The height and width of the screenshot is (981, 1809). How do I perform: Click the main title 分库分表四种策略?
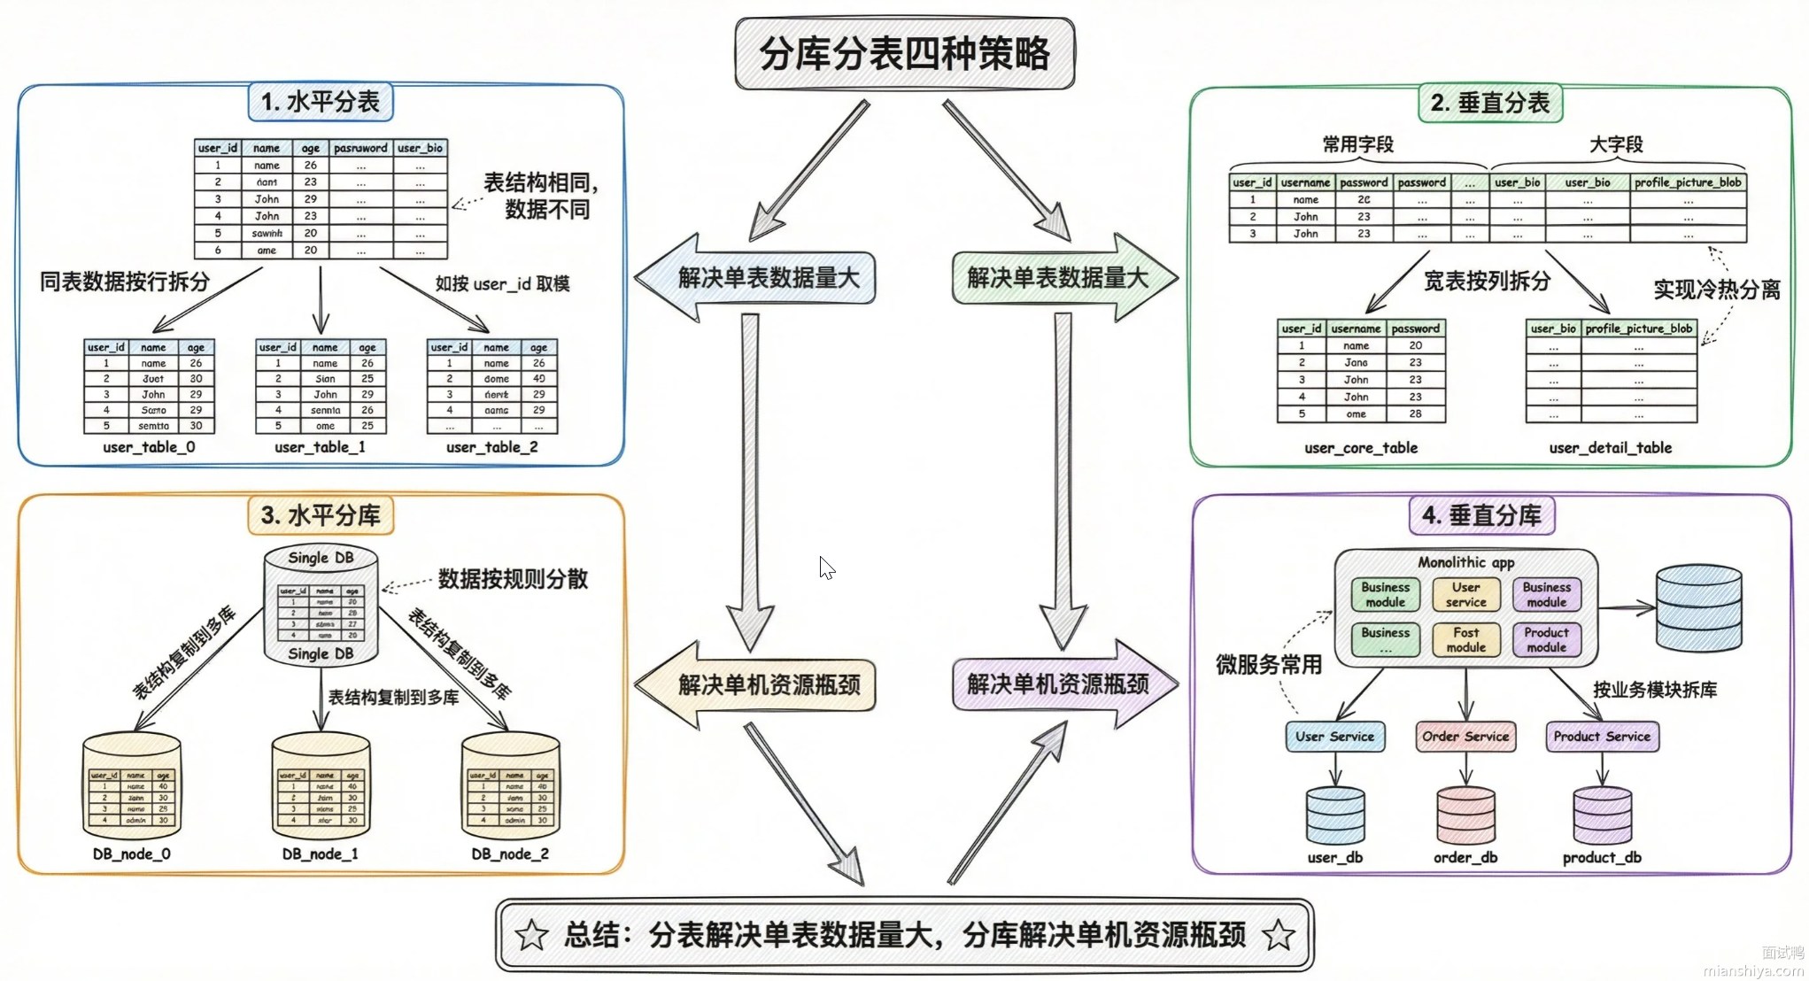click(905, 54)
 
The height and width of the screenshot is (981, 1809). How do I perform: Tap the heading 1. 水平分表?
click(321, 102)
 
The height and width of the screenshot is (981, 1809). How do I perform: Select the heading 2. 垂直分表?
click(1490, 104)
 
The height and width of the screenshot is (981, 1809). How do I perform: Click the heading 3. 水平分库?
click(321, 515)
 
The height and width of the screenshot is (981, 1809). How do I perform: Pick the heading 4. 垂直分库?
click(1481, 515)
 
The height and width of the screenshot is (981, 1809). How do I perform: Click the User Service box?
click(1334, 737)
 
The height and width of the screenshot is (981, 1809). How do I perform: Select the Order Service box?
click(1465, 737)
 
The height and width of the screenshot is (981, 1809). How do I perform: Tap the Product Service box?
click(1602, 737)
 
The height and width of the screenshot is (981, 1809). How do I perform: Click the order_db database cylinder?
click(1465, 815)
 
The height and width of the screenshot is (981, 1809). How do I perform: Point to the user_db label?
click(1334, 857)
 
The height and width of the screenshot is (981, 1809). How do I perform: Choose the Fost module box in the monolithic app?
click(1465, 639)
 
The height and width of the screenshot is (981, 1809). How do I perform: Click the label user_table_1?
click(320, 447)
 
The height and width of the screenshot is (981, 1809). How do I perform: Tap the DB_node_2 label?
click(510, 854)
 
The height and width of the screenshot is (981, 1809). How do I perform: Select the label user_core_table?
click(1361, 448)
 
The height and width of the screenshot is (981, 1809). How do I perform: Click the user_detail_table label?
click(1611, 448)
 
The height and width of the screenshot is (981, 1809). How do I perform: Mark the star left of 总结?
click(531, 935)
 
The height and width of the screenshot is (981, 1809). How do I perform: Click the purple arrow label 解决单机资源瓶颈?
click(1057, 684)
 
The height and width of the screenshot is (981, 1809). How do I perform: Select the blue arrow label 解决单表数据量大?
click(769, 278)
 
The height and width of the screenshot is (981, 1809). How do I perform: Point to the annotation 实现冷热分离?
click(1717, 290)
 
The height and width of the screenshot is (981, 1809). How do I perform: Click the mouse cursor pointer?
click(826, 567)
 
